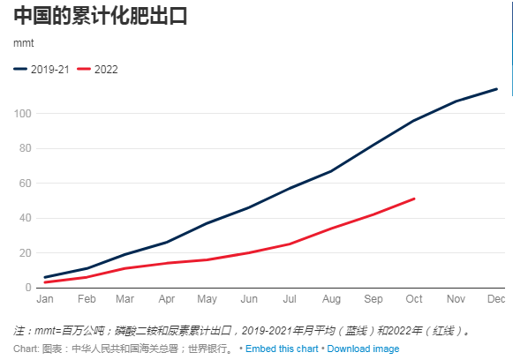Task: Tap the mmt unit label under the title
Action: coord(25,42)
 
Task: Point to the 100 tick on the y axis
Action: coord(22,114)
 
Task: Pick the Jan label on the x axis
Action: coord(45,300)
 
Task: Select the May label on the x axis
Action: coord(207,300)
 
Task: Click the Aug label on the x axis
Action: coord(331,300)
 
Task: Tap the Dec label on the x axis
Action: coord(496,300)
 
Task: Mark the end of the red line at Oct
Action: coord(414,199)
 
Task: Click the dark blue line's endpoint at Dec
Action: coord(496,88)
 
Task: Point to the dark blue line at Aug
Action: coord(331,171)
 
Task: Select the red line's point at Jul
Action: coord(290,244)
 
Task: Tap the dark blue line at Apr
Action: coord(166,242)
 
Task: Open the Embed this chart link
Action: coord(282,349)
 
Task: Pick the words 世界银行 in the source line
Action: coord(210,349)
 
